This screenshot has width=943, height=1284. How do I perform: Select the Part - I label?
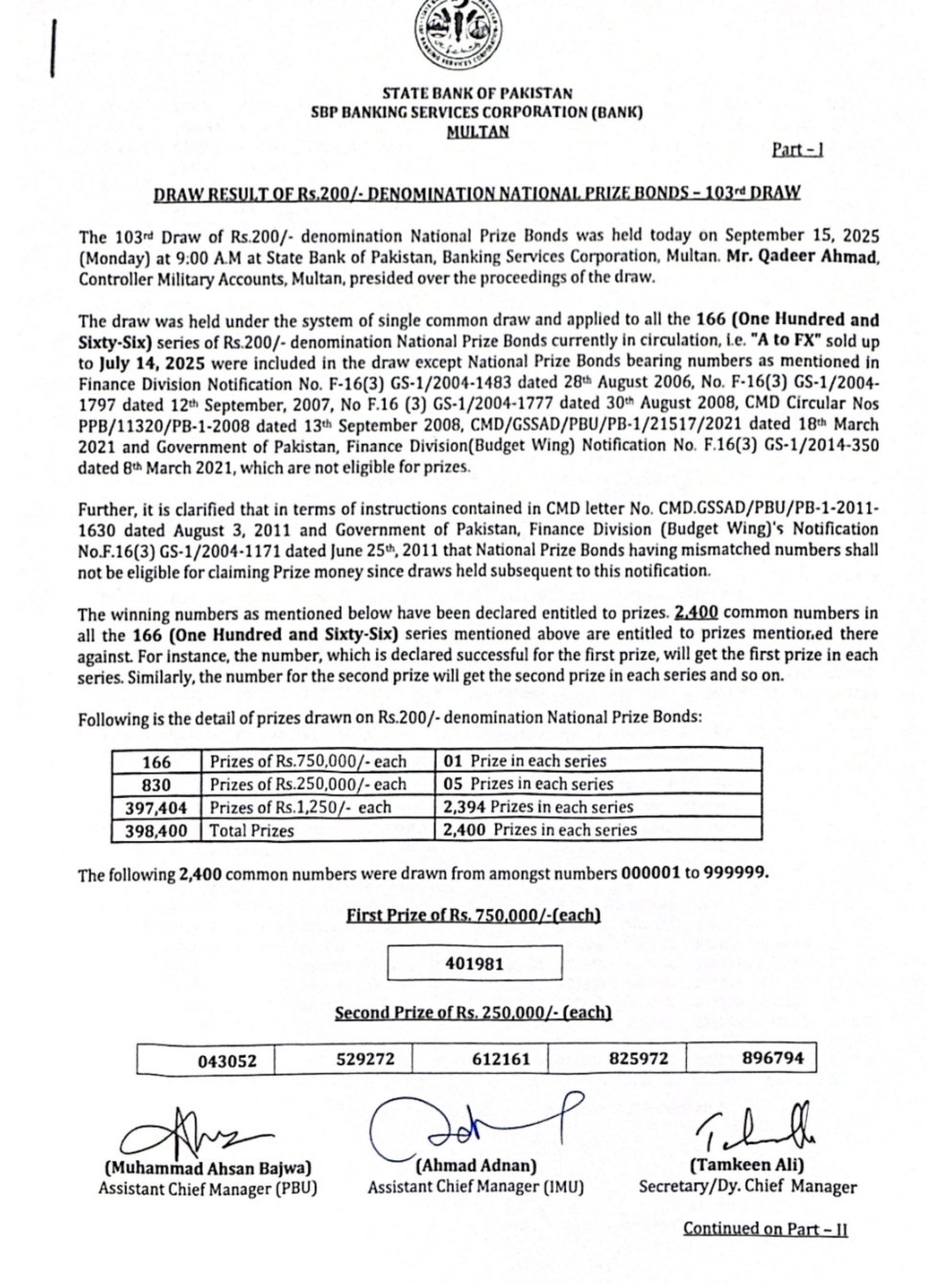click(797, 149)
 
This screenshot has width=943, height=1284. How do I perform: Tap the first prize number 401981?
click(475, 964)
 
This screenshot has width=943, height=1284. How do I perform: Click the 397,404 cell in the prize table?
click(155, 806)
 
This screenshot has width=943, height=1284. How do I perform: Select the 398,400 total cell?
click(155, 829)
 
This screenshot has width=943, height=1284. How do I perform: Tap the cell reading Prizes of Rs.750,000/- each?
click(308, 761)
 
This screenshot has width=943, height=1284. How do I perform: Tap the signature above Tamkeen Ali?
click(758, 1132)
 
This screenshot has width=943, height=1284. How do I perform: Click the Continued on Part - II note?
click(765, 1228)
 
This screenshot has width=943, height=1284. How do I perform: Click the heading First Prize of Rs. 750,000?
click(473, 915)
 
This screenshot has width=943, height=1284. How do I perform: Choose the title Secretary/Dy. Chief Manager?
click(747, 1186)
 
